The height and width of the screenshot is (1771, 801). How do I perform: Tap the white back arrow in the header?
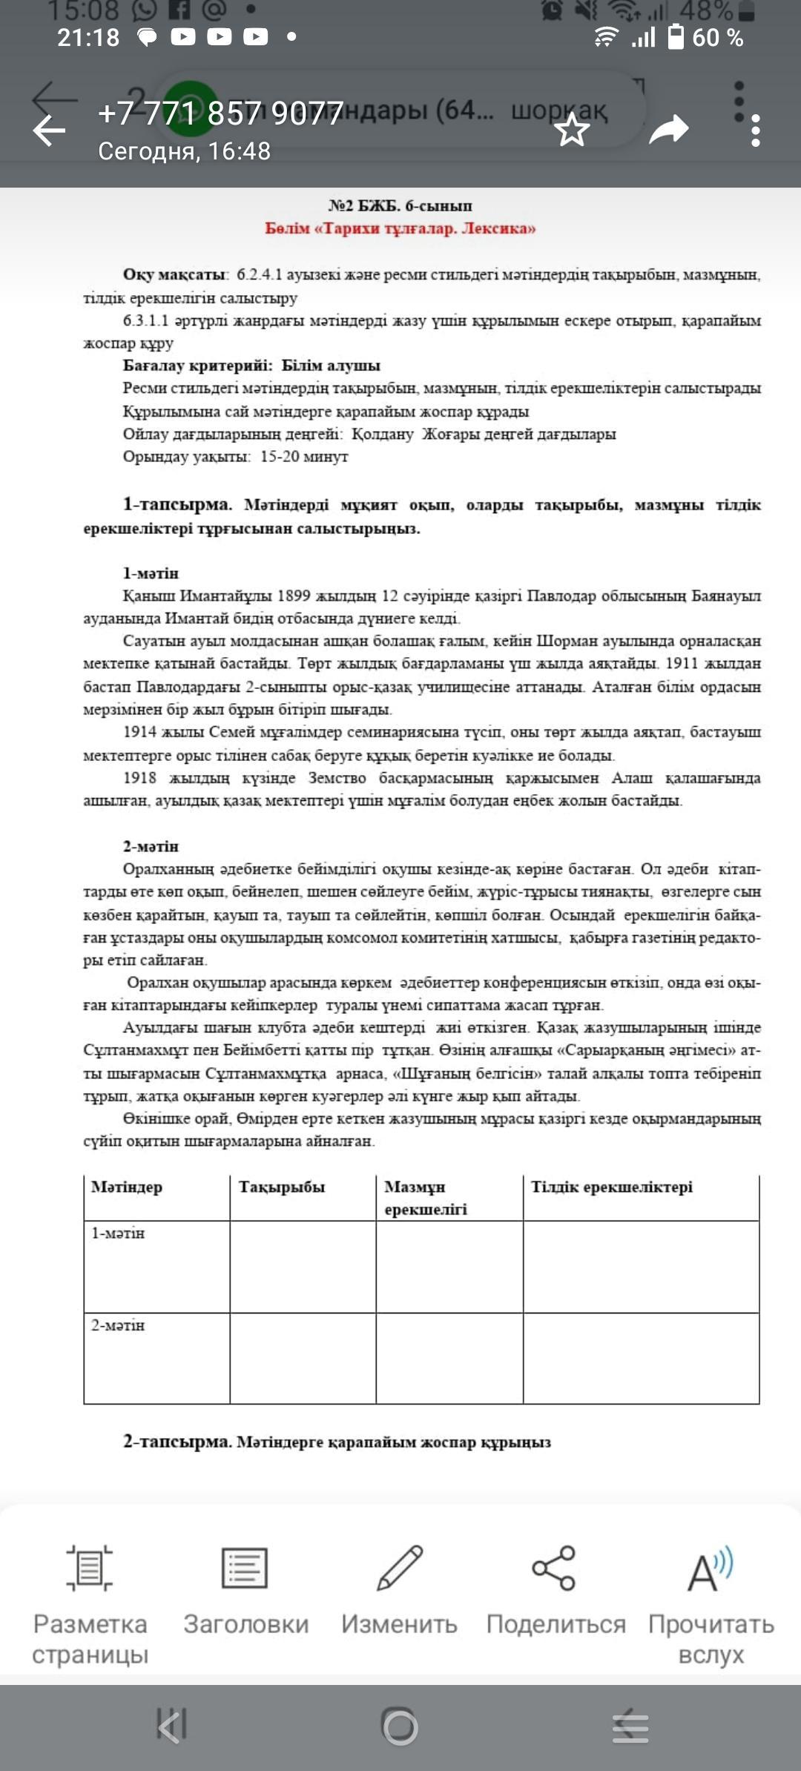[49, 131]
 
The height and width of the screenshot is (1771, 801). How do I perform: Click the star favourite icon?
[573, 131]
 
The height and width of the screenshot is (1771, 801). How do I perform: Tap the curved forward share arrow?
[668, 130]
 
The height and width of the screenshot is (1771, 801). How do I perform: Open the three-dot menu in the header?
[755, 131]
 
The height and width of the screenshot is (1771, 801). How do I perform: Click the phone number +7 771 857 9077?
[220, 113]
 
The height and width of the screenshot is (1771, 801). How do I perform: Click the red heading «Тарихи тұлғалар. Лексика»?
[400, 228]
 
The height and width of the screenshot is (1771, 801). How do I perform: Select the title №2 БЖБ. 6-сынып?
[400, 205]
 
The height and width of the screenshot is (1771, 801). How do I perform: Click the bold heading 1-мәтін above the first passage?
[151, 573]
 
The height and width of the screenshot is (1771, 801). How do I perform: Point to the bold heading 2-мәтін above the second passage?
[151, 846]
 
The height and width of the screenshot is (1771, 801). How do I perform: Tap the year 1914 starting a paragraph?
[140, 732]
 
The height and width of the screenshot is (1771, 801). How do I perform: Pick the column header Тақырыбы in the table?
[282, 1187]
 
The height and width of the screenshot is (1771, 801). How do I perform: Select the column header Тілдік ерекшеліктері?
[612, 1187]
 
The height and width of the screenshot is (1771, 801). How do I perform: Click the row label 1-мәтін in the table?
[118, 1233]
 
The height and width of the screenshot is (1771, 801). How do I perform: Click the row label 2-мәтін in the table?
[118, 1325]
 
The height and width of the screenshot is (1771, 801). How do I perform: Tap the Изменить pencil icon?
[399, 1568]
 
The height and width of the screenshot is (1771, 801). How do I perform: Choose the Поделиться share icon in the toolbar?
[554, 1568]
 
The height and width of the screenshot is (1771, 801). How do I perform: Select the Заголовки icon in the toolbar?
[245, 1568]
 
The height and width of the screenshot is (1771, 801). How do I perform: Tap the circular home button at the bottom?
[400, 1727]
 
